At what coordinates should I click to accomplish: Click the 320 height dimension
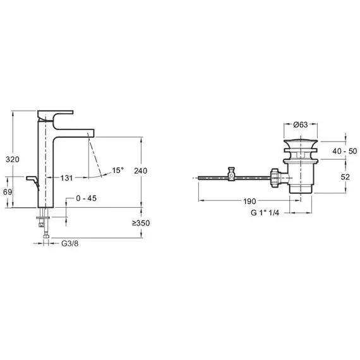click(13, 159)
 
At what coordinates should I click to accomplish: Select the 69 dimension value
click(8, 192)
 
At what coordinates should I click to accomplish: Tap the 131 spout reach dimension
click(66, 178)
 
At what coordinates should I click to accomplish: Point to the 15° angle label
click(117, 171)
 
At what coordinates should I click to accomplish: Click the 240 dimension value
click(140, 171)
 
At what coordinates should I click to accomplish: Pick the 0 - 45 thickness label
click(87, 198)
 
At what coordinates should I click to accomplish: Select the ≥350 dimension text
click(141, 223)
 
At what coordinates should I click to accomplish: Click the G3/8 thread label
click(70, 243)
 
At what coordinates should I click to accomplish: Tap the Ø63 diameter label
click(301, 124)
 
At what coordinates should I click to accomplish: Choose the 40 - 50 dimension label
click(345, 151)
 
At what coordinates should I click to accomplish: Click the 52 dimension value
click(345, 177)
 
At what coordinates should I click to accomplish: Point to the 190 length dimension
click(249, 201)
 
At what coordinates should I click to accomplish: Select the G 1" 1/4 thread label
click(265, 213)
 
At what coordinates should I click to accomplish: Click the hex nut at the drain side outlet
click(275, 178)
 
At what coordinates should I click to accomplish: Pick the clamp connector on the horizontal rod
click(231, 174)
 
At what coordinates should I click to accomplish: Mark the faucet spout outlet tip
click(91, 135)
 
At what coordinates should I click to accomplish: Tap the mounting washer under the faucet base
click(43, 217)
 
